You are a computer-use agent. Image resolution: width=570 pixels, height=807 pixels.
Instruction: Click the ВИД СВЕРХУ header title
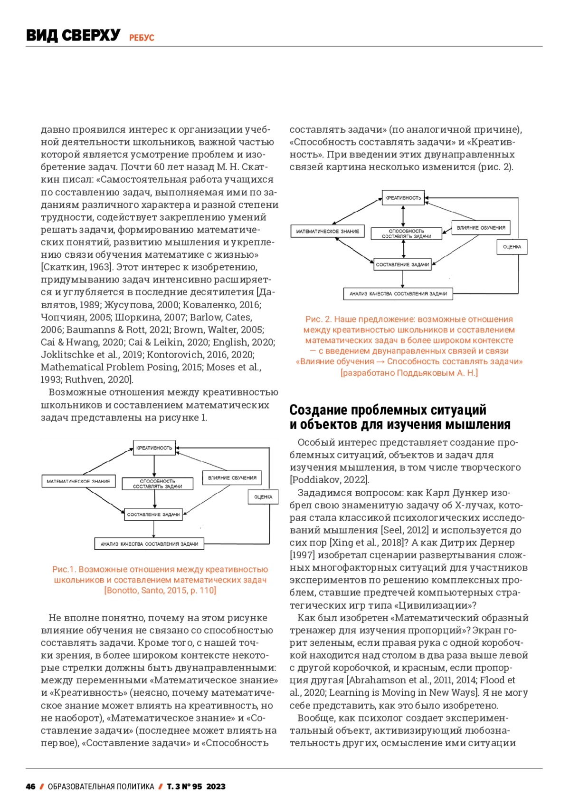pos(73,35)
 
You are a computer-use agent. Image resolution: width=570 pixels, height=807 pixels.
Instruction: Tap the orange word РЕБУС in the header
pos(142,38)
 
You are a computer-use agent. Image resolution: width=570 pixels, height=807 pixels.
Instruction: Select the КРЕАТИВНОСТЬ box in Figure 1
pos(154,448)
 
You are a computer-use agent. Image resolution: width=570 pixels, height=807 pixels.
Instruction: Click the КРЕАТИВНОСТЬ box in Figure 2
pos(403,198)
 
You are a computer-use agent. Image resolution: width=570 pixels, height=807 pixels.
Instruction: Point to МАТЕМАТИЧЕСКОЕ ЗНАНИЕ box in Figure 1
pos(78,481)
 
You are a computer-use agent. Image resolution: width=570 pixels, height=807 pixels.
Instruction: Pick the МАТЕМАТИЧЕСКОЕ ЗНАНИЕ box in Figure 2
pos(327,232)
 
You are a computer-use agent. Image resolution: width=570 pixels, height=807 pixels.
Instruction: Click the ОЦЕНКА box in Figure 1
pos(263,497)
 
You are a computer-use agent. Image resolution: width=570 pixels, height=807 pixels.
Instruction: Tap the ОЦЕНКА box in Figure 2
pos(512,247)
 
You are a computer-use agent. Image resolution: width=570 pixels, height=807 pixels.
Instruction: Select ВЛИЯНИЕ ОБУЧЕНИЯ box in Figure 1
pos(232,478)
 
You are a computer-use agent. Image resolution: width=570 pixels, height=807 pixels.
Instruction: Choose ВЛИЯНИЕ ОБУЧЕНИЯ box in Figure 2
pos(481,228)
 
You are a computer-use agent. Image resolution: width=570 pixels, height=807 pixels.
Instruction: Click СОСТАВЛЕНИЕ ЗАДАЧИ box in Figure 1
pos(153,515)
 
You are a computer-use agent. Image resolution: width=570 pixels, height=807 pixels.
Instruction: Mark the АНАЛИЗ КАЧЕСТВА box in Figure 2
pos(398,294)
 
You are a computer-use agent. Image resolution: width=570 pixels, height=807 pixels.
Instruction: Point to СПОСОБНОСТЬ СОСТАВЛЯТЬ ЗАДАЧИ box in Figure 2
pos(406,233)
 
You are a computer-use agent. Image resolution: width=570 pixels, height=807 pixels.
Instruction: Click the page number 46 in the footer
pos(30,787)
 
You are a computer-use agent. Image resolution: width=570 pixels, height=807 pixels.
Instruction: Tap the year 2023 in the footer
pos(216,787)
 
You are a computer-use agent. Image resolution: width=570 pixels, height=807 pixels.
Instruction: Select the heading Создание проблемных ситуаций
pos(388,410)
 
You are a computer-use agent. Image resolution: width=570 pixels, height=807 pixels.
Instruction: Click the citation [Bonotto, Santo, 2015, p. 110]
pos(160,591)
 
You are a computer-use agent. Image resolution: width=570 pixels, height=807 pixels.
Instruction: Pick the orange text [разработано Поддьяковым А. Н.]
pos(409,373)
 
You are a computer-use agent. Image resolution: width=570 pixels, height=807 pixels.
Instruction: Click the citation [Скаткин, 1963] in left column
pos(76,267)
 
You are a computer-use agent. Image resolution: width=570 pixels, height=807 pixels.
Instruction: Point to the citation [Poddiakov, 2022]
pos(329,480)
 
